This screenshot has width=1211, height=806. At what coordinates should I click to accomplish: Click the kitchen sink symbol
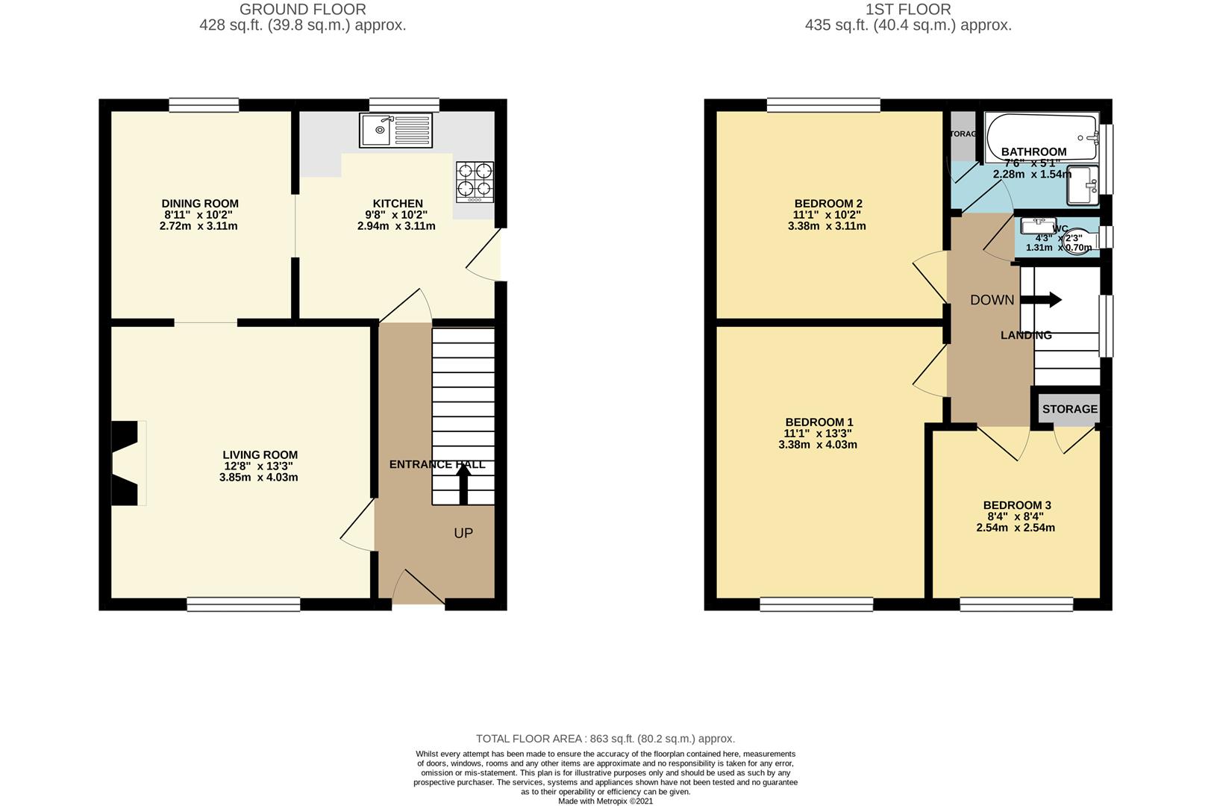(x=395, y=130)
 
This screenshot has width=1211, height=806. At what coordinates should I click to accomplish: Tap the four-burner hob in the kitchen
(x=474, y=182)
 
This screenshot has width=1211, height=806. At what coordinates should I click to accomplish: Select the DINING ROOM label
(x=200, y=203)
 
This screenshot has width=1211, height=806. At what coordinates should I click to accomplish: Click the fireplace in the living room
(x=126, y=463)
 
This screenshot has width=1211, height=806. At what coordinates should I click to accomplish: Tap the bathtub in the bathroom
(x=1042, y=136)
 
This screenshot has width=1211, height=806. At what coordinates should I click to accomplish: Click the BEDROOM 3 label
(x=1016, y=505)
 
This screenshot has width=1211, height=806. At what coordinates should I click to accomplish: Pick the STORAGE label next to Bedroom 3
(x=1069, y=409)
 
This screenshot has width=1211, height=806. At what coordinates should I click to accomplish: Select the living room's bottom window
(x=243, y=604)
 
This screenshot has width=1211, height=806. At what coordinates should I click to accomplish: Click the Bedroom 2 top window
(x=823, y=105)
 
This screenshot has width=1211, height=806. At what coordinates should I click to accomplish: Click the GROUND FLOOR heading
(x=302, y=10)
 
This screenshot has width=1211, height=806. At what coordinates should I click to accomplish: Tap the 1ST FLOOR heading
(x=907, y=10)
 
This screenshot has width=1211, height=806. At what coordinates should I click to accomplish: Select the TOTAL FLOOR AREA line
(x=605, y=739)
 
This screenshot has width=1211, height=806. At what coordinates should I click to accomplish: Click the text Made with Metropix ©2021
(x=605, y=802)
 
